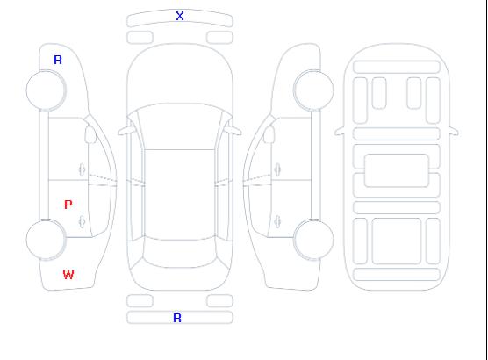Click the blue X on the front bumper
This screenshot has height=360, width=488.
(x=180, y=16)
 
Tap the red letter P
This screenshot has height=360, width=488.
(x=68, y=205)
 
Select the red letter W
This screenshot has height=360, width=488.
(x=68, y=275)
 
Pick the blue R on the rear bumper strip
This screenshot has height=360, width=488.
(x=177, y=318)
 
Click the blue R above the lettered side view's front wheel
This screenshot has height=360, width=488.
(x=58, y=60)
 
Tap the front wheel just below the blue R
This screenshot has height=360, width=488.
(x=46, y=90)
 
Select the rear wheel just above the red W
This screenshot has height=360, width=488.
(x=46, y=240)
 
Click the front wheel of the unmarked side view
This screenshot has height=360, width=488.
(x=313, y=90)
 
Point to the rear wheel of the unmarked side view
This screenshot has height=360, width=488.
(x=313, y=240)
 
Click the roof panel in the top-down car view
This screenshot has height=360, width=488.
(x=180, y=195)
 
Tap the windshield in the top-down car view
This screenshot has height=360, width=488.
(x=180, y=126)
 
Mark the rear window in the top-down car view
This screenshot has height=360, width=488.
(x=180, y=253)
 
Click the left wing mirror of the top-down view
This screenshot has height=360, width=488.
(x=126, y=131)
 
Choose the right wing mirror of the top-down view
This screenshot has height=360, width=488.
(x=233, y=131)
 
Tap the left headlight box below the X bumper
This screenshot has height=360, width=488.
(x=140, y=38)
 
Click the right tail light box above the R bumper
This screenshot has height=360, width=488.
(x=219, y=301)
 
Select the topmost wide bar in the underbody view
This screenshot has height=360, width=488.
(x=397, y=68)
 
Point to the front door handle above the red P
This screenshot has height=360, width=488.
(x=82, y=169)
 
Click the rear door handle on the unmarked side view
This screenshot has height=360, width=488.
(x=277, y=222)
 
